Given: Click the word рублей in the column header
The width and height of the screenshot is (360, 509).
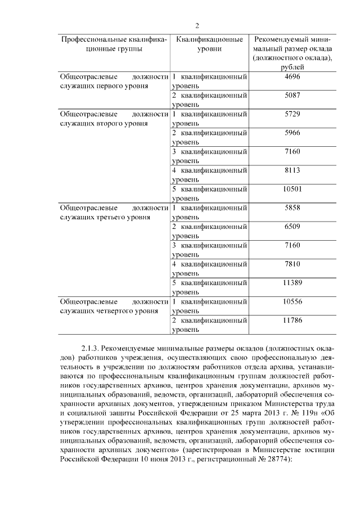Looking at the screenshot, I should [292, 67].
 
